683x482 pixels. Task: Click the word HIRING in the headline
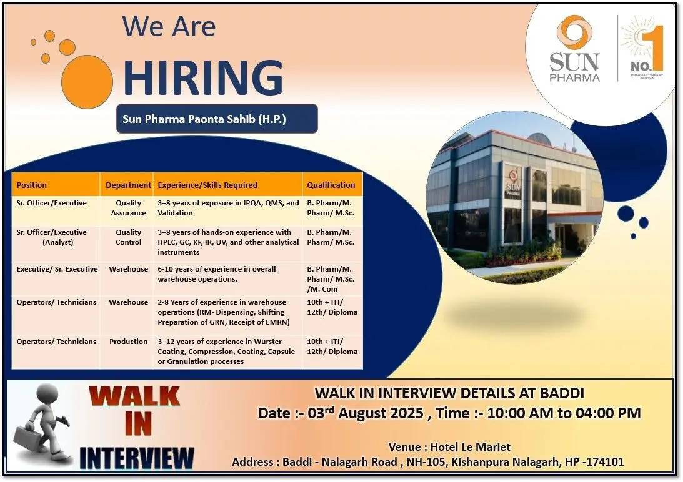203,78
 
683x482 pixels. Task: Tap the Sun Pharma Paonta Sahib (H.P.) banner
217,119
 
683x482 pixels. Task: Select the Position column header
32,185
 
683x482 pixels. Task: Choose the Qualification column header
331,185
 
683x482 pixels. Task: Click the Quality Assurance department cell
128,208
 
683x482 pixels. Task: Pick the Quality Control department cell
128,237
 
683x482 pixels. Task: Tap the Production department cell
128,342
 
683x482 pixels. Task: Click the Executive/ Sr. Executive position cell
57,269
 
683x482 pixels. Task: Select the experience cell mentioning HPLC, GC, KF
227,242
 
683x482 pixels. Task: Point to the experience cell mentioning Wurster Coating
227,352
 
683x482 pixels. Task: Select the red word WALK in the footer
134,398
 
